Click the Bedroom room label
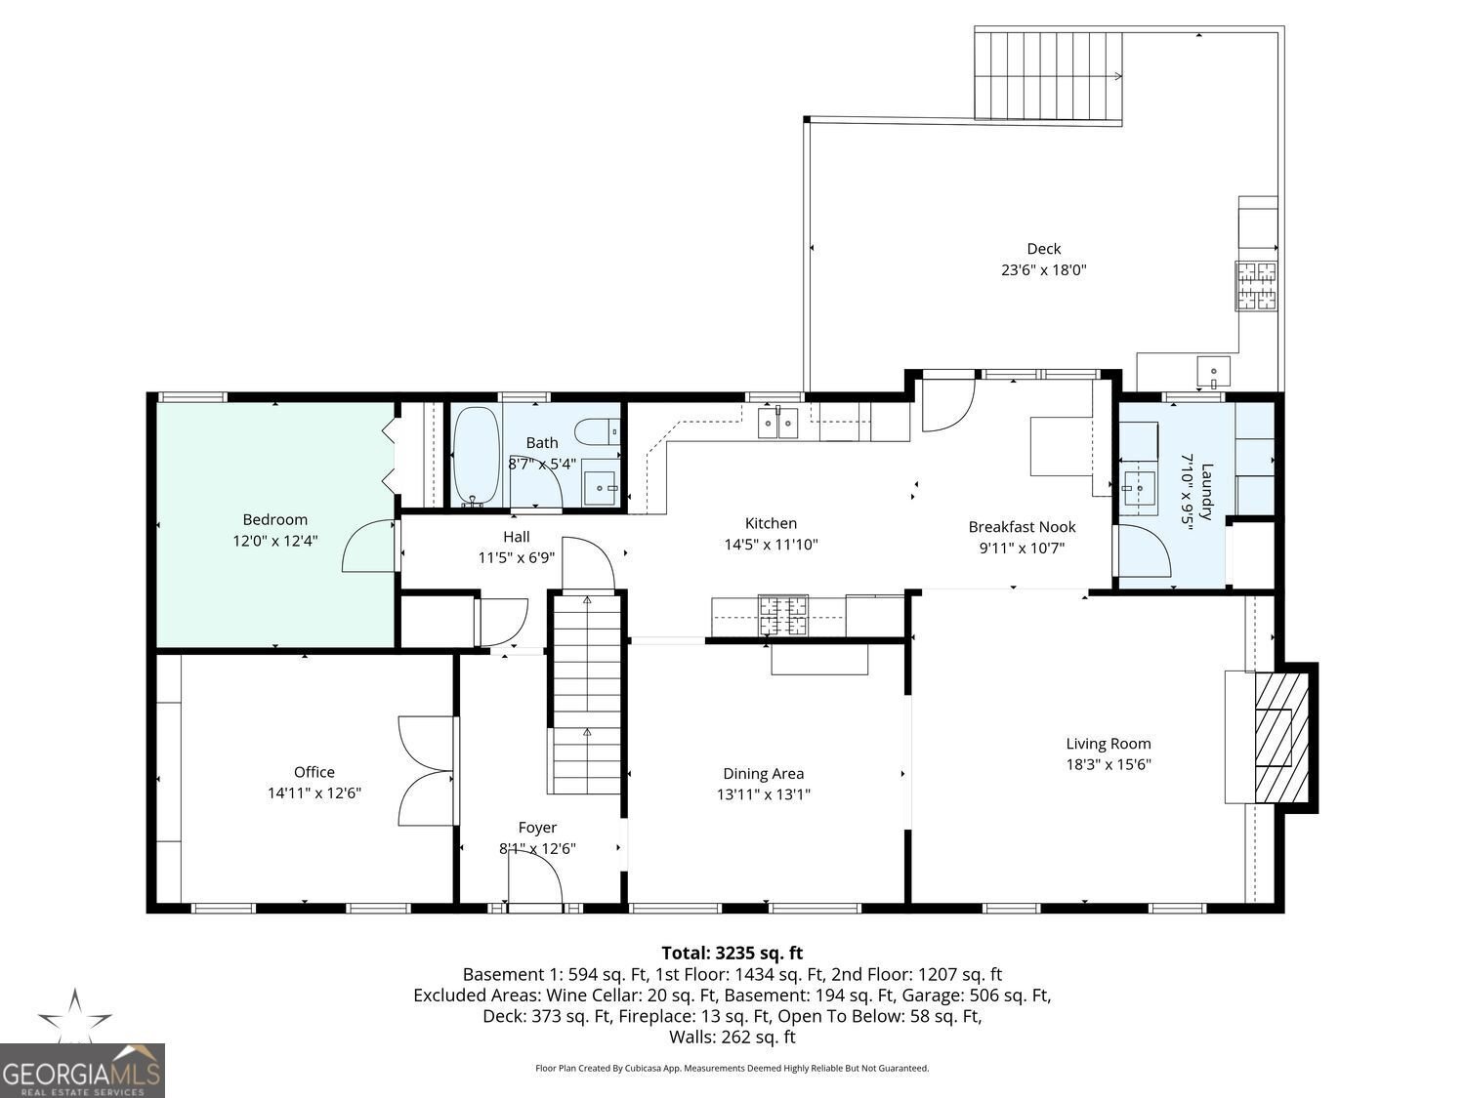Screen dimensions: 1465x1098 [x=275, y=519]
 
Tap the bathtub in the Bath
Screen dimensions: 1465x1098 [x=476, y=458]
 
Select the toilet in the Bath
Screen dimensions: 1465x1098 [x=598, y=432]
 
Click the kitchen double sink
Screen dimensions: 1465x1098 [x=777, y=423]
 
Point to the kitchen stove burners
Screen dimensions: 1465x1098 [x=783, y=615]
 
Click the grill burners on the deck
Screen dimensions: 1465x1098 [x=1256, y=286]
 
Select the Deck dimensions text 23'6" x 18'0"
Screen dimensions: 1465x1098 [x=1044, y=270]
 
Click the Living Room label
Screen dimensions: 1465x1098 [x=1109, y=744]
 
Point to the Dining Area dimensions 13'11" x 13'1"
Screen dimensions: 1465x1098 [x=764, y=794]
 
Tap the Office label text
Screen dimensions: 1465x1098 [x=314, y=772]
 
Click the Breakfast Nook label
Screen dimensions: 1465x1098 [x=1022, y=527]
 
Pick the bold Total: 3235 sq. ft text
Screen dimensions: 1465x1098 [x=732, y=953]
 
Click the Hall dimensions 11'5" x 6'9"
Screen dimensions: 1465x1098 [x=517, y=557]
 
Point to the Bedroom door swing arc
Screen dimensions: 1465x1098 [x=368, y=546]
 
